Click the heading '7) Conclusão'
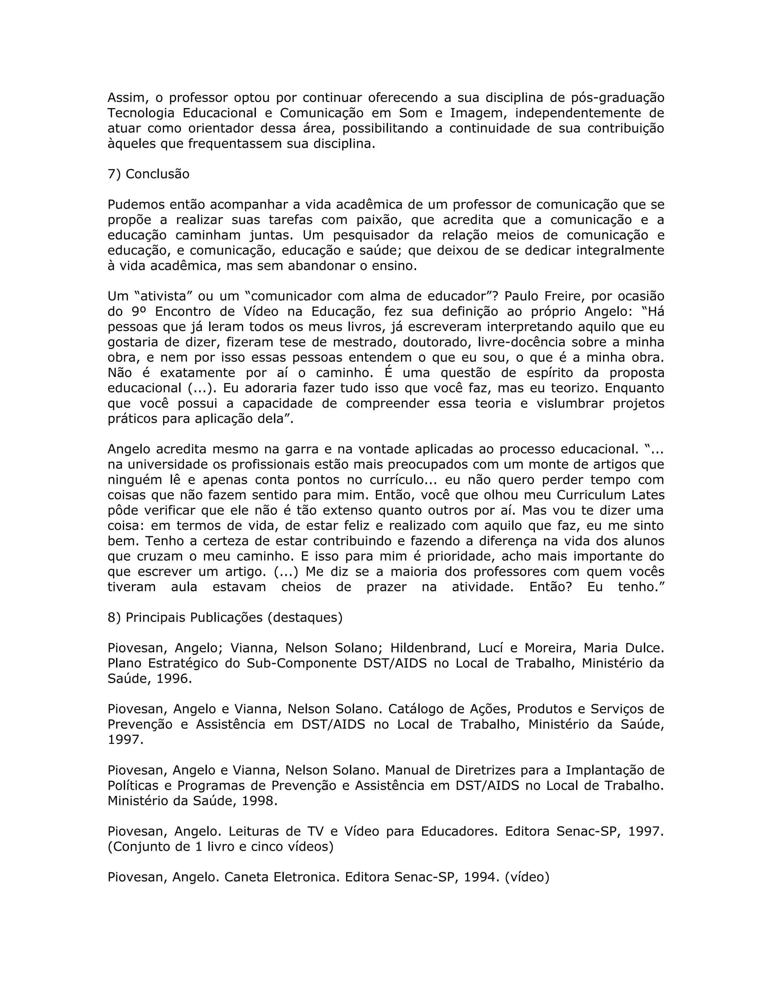coord(148,174)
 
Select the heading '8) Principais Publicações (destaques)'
coord(225,617)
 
